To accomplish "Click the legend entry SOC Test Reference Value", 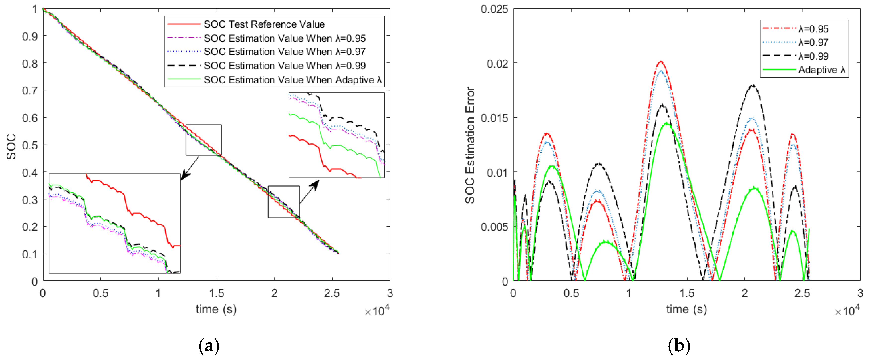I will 264,24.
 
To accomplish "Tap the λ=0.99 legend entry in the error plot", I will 813,56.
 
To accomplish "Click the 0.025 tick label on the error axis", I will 494,9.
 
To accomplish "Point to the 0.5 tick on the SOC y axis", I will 30,145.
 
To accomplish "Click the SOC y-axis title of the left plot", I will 11,146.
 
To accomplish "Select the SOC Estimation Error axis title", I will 470,145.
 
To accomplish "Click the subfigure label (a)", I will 209,346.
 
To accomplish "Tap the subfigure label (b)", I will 679,346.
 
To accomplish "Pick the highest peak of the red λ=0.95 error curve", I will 661,62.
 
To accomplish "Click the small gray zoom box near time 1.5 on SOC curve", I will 204,140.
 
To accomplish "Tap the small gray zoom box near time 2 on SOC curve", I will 284,201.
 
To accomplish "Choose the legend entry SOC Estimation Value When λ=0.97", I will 284,52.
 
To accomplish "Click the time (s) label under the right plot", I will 686,309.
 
